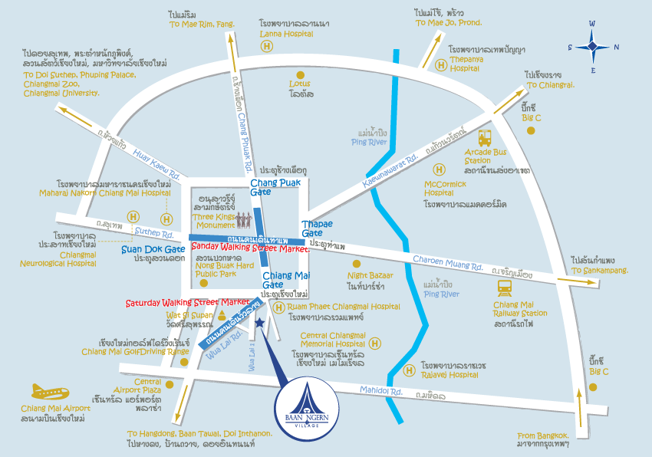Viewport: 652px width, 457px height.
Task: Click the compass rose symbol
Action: point(593,46)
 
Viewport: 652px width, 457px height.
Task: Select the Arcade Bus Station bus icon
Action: point(486,139)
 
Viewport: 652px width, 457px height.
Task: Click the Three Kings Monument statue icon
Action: point(244,220)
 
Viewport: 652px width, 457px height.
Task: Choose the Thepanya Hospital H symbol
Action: point(441,65)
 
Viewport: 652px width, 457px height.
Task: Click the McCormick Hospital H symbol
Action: point(440,169)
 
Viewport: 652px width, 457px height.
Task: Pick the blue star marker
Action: point(259,324)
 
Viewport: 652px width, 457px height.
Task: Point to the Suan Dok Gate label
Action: point(153,249)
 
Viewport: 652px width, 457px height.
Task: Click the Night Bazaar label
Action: point(370,275)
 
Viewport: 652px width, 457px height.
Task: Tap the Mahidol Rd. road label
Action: point(384,392)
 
